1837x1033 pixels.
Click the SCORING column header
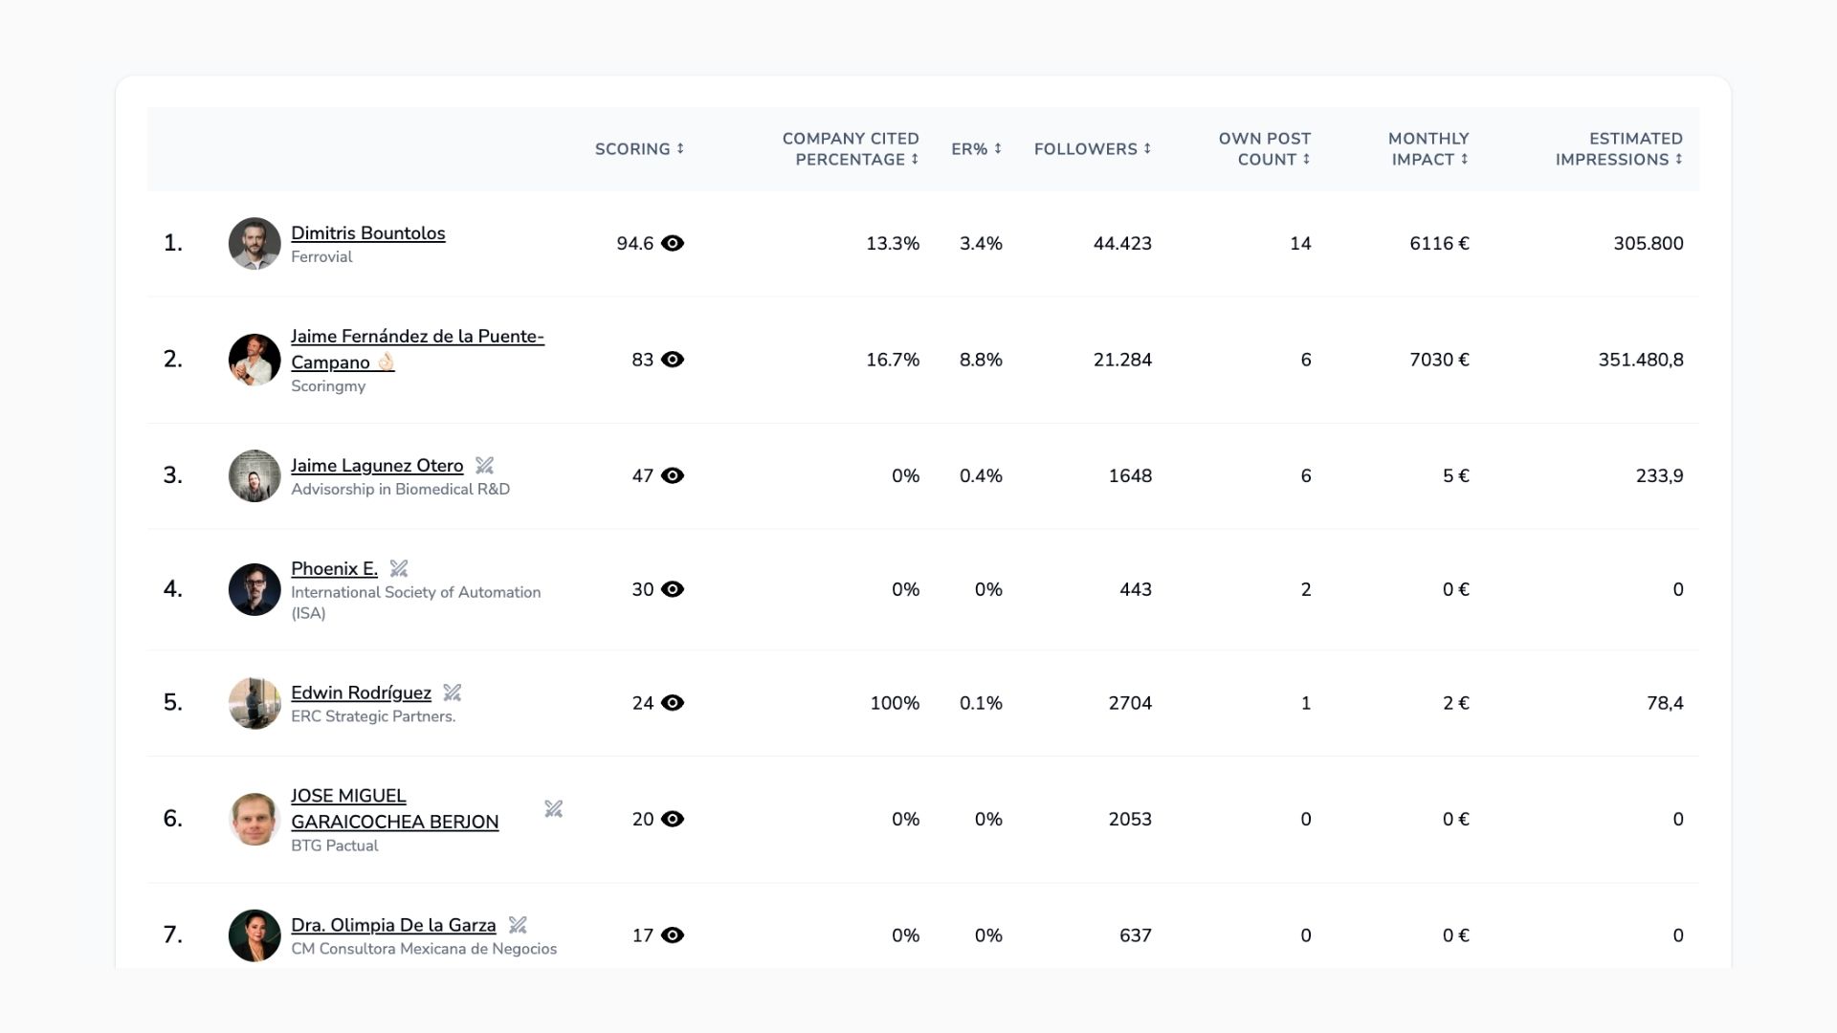tap(639, 149)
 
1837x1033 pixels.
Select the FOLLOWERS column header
tap(1093, 149)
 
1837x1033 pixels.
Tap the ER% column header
tap(976, 149)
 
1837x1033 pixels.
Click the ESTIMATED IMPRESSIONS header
tap(1619, 149)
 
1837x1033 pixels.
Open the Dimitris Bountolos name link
tap(367, 233)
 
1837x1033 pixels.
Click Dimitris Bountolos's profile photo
tap(255, 243)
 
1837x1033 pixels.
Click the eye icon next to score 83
tap(673, 360)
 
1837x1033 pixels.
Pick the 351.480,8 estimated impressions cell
tap(1640, 360)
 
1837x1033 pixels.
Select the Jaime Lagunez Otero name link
tap(377, 466)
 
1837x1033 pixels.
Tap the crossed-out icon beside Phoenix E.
tap(399, 569)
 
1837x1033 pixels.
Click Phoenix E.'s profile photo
tap(255, 589)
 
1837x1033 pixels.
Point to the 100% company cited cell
tap(895, 703)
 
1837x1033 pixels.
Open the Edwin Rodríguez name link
tap(361, 692)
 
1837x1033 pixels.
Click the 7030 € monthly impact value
tap(1439, 360)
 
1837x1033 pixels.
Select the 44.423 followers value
tap(1122, 244)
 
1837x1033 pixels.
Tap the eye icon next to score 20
tap(673, 819)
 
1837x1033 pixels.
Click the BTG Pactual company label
tap(334, 846)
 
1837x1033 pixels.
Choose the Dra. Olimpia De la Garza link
tap(393, 925)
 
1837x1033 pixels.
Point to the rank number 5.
tap(172, 703)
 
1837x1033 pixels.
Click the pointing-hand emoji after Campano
tap(386, 363)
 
